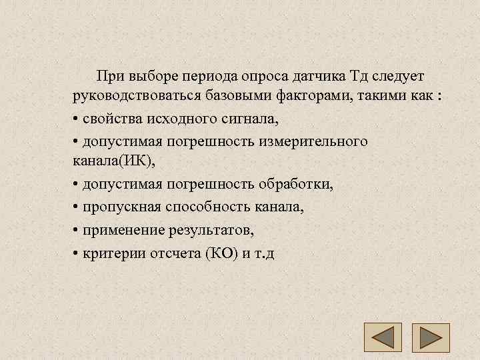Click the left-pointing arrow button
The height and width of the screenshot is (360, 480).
[x=382, y=337]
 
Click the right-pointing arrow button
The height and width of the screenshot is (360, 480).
[x=431, y=337]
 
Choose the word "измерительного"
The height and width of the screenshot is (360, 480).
[x=318, y=141]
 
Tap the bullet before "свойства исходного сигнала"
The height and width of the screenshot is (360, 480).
[x=77, y=119]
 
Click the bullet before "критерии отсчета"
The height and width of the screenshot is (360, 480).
[x=77, y=254]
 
